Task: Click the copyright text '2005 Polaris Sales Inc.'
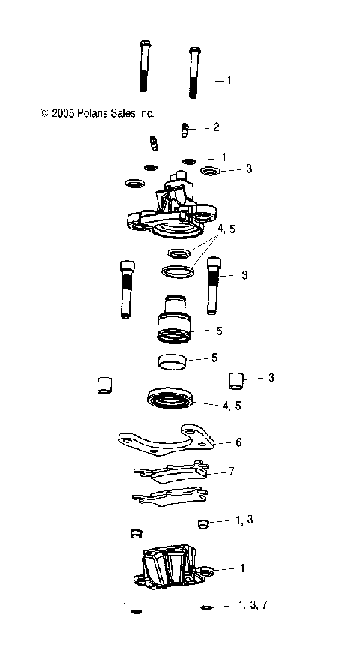(x=97, y=113)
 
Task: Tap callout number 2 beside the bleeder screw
(x=216, y=127)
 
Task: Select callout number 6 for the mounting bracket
(x=238, y=442)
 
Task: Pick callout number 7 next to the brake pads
(x=232, y=472)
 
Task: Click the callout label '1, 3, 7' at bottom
(x=253, y=604)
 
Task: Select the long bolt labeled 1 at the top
(x=193, y=73)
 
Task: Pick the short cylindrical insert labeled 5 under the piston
(x=174, y=361)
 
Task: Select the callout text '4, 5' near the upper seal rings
(x=226, y=229)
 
